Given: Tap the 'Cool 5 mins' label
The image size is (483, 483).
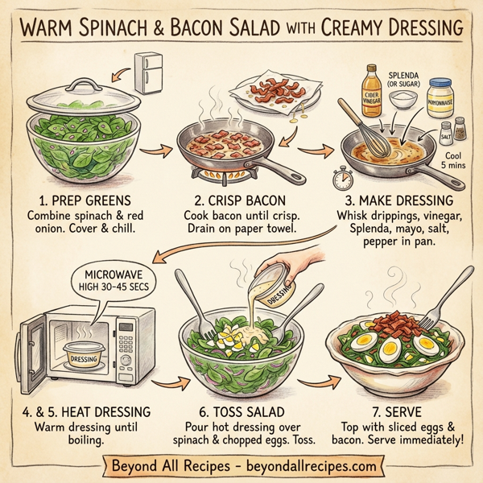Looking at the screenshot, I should pyautogui.click(x=452, y=154).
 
